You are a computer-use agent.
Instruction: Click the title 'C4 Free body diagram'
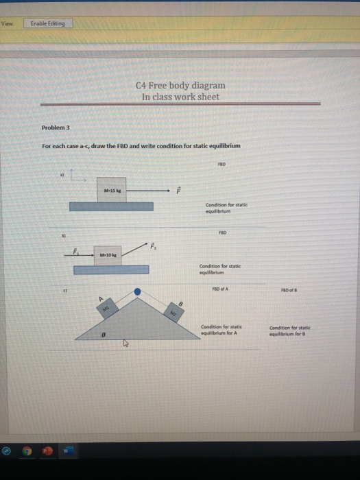click(x=180, y=86)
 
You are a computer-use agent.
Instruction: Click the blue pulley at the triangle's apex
click(x=137, y=293)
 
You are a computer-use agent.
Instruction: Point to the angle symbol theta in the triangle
click(x=103, y=336)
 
